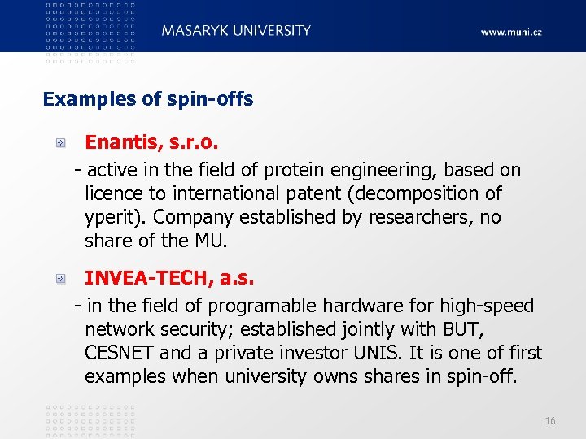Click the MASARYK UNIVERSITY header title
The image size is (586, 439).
236,30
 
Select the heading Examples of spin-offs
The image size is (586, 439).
148,99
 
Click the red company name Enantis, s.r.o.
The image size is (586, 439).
152,142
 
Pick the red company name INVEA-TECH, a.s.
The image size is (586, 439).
169,278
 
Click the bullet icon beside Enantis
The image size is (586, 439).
60,143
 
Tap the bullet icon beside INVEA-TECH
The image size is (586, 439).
60,279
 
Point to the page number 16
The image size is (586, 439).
550,420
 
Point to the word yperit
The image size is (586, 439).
113,217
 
